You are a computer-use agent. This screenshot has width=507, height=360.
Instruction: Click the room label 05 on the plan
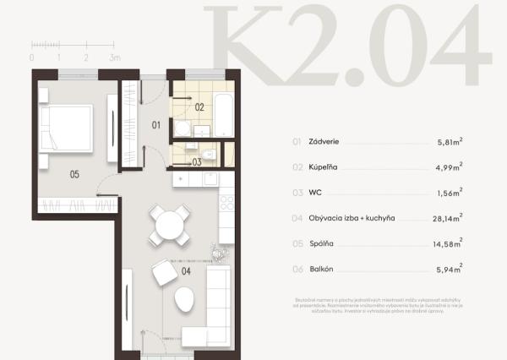[75, 174]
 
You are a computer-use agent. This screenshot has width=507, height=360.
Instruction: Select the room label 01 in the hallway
[156, 125]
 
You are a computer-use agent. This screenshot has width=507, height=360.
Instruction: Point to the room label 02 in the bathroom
[199, 107]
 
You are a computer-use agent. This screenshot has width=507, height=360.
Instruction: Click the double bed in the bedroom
[66, 128]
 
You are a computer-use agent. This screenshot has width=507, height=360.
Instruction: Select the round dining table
[170, 225]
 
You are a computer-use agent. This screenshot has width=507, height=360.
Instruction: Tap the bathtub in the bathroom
[223, 114]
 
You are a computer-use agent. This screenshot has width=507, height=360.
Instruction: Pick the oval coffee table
[183, 300]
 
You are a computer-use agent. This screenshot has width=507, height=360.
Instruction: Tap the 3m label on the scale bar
[116, 57]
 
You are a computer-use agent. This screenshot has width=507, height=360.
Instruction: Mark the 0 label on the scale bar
[32, 57]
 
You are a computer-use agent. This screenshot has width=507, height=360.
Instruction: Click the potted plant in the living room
[221, 252]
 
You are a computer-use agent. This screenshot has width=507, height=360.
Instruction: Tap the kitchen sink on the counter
[211, 178]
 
